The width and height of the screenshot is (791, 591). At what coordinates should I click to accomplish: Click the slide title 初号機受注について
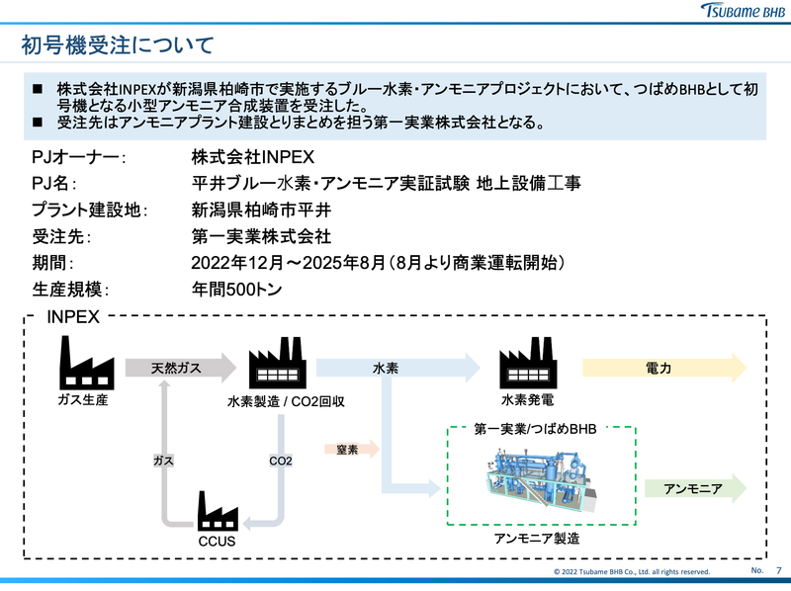pyautogui.click(x=118, y=45)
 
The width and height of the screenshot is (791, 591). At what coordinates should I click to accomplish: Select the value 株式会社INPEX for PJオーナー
pyautogui.click(x=252, y=158)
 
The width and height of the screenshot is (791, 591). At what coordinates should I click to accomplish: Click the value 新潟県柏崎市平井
pyautogui.click(x=262, y=211)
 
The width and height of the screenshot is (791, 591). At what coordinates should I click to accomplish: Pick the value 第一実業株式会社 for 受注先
pyautogui.click(x=262, y=237)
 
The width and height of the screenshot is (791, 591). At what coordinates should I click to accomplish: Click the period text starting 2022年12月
pyautogui.click(x=379, y=264)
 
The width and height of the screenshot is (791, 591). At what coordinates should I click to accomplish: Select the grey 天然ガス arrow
pyautogui.click(x=179, y=368)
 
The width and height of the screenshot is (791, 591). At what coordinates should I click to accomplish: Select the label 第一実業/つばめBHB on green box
pyautogui.click(x=536, y=429)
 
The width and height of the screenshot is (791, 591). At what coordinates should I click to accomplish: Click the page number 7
pyautogui.click(x=779, y=571)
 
